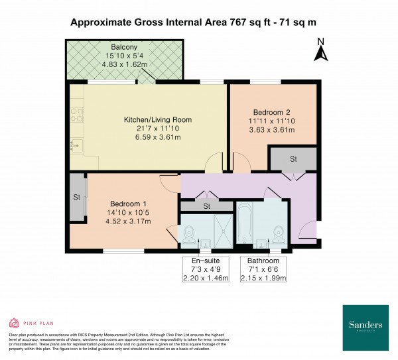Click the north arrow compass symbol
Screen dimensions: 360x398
click(x=320, y=51)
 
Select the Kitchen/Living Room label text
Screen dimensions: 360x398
click(x=158, y=120)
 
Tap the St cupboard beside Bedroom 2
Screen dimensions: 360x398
click(x=292, y=160)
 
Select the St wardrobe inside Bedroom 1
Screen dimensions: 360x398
click(x=76, y=197)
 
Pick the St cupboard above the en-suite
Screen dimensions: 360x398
click(x=206, y=206)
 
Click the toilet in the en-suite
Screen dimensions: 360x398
click(x=188, y=233)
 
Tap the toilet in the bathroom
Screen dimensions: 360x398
click(x=277, y=233)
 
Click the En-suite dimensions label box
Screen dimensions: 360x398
click(x=206, y=269)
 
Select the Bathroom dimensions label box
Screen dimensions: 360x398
click(x=263, y=269)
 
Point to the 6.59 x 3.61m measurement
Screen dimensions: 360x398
click(x=158, y=137)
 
